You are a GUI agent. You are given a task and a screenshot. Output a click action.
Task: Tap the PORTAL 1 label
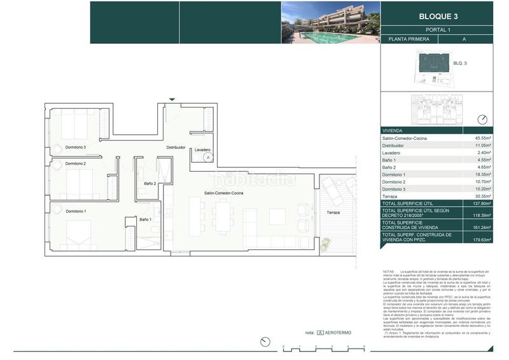(436, 30)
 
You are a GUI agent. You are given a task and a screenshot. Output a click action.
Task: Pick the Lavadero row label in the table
(391, 153)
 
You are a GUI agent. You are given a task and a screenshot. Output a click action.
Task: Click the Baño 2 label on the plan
(150, 184)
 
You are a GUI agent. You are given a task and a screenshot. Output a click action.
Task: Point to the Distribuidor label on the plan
(176, 147)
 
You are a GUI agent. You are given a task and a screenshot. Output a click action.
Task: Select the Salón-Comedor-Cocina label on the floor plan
(223, 193)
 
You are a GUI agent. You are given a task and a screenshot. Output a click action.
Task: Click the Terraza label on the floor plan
(333, 212)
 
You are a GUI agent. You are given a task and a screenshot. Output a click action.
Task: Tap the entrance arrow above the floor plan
(172, 99)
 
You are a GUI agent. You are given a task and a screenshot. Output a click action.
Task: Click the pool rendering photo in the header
(331, 22)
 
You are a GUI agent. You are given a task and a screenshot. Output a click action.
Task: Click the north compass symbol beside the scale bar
(265, 342)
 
